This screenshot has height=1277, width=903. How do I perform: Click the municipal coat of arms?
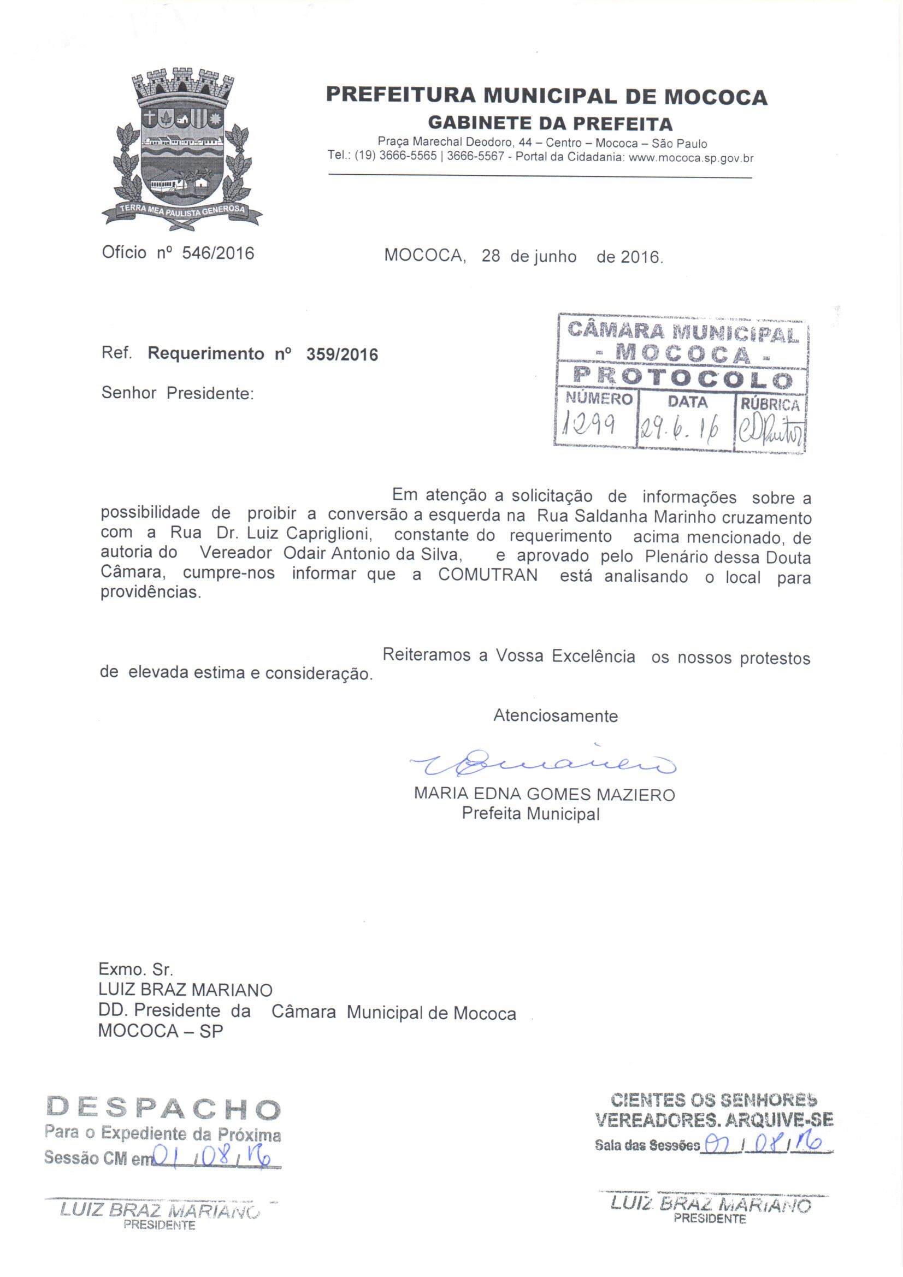point(181,149)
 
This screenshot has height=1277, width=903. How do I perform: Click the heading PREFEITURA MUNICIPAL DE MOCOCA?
point(546,96)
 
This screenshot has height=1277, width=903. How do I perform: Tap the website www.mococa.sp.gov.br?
point(691,158)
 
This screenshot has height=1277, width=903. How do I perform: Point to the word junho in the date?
point(554,257)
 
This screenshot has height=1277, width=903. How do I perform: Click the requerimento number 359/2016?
point(342,355)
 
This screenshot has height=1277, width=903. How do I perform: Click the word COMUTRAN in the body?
point(487,575)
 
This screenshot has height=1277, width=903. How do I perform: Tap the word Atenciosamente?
point(555,716)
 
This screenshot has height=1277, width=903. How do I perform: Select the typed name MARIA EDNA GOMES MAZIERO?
point(544,794)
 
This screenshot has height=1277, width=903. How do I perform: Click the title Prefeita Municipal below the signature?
point(531,814)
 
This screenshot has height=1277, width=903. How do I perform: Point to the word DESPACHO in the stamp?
point(163,1109)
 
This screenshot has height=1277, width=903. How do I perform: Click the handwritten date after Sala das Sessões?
point(763,1145)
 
